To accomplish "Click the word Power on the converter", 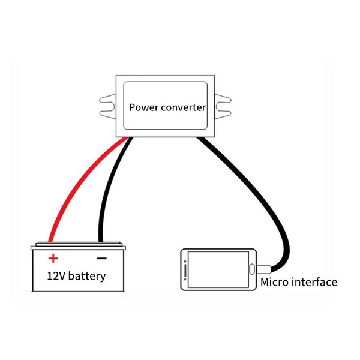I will tap(143, 108).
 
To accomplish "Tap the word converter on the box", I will tap(182, 108).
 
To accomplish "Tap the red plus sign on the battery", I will tap(53, 259).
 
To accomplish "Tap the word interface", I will tap(314, 282).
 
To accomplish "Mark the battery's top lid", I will tap(78, 245).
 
